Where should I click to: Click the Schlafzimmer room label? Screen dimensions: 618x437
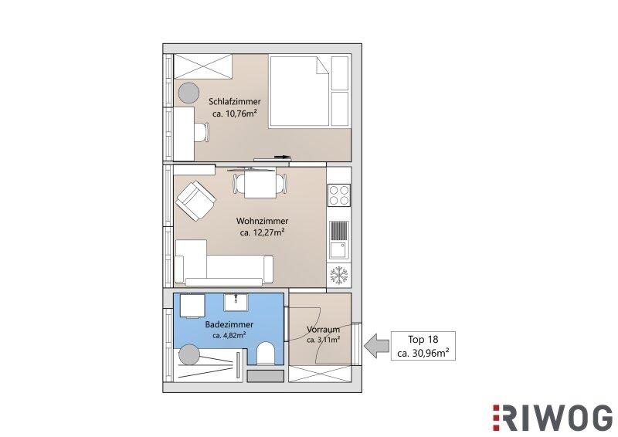pos(235,101)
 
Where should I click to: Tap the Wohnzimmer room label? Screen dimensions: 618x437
pos(262,221)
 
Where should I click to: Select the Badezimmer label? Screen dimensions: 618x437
pos(229,325)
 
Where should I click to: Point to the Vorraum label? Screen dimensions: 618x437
pos(323,330)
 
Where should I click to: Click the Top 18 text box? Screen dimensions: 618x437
pos(423,346)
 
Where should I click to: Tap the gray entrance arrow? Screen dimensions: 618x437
pos(376,346)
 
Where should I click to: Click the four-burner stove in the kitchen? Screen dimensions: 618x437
pos(339,195)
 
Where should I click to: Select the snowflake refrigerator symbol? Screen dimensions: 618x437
pos(339,275)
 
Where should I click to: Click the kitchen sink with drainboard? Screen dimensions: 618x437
pos(339,239)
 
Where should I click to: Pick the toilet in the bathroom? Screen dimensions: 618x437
pos(265,353)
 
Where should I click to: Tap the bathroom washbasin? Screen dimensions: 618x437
pos(236,303)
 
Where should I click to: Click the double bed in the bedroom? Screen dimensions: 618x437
pos(299,92)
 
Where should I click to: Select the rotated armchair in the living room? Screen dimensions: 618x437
pos(196,201)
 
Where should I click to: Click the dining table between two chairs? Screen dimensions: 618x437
pos(260,183)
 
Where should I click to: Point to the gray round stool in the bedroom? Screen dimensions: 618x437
pos(188,93)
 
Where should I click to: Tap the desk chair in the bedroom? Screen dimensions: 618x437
pos(202,132)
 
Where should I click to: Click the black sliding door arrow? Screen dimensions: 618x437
pos(283,157)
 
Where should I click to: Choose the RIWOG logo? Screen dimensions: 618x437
pos(552,418)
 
